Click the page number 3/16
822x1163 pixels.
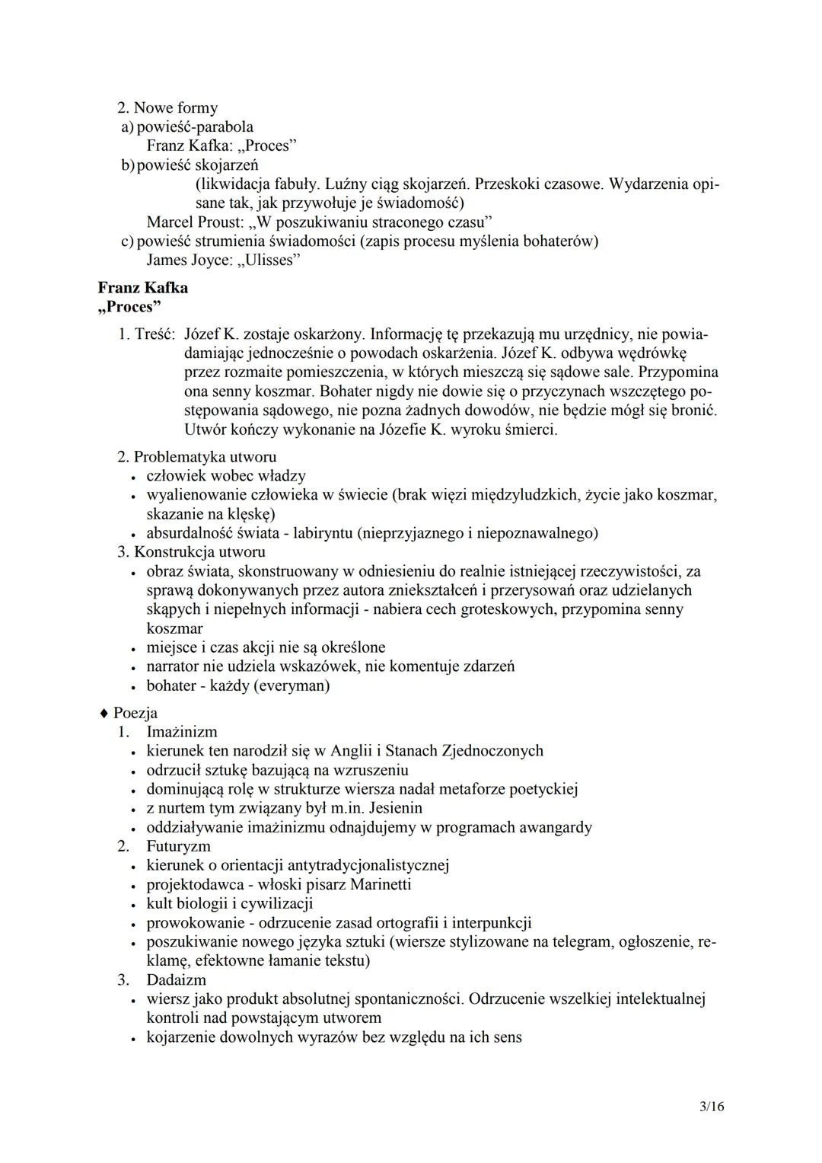click(712, 1107)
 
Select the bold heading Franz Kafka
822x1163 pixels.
click(142, 288)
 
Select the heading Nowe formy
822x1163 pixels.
click(175, 108)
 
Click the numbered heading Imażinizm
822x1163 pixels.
click(182, 732)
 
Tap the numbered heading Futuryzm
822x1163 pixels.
click(179, 846)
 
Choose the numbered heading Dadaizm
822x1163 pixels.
click(176, 979)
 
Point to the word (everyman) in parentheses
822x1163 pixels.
click(292, 685)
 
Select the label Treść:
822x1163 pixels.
click(155, 334)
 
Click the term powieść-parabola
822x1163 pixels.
click(195, 127)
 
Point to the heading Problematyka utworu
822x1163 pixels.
click(205, 457)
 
